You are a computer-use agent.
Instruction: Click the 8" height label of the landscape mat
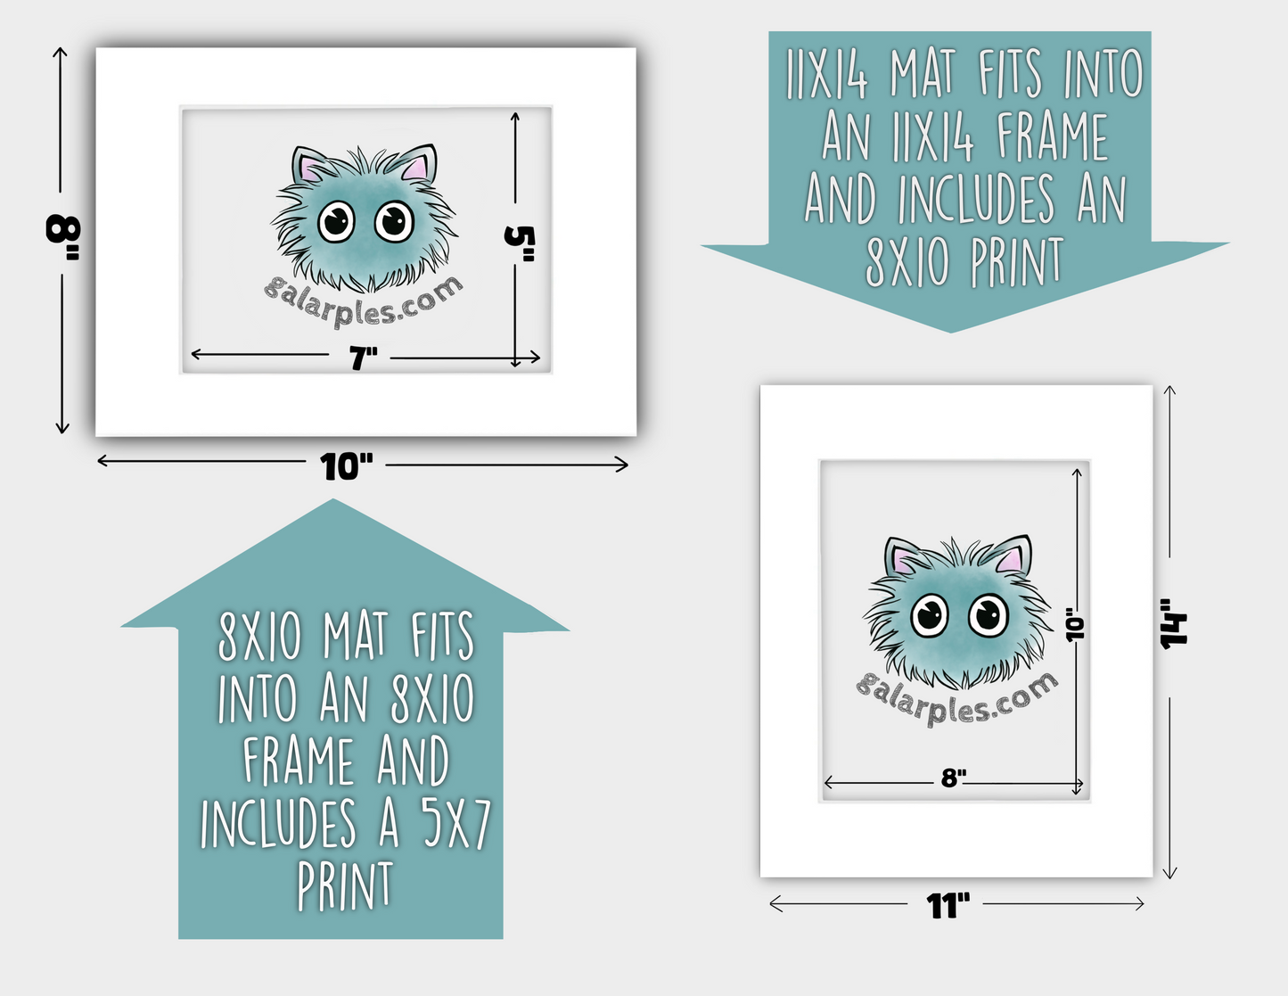pos(62,237)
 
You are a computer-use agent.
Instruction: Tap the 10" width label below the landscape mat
pos(347,466)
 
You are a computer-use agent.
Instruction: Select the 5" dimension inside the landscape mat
pos(520,243)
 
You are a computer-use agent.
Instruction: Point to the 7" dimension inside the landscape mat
pos(363,358)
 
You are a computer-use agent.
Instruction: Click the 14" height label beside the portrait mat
pos(1174,623)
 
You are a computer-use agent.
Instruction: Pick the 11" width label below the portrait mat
pos(948,905)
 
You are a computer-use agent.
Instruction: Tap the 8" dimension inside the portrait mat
pos(954,778)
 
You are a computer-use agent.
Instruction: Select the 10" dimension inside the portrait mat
pos(1075,623)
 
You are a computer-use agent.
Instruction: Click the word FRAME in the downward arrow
pos(1052,137)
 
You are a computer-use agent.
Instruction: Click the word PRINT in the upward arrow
pos(345,885)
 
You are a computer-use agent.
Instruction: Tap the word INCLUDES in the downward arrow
pos(976,199)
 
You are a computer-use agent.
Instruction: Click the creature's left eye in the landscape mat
pos(337,221)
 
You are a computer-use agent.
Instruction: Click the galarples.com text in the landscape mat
pos(363,302)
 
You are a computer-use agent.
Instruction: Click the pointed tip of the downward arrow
pos(951,333)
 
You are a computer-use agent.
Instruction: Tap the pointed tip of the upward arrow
pos(333,499)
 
